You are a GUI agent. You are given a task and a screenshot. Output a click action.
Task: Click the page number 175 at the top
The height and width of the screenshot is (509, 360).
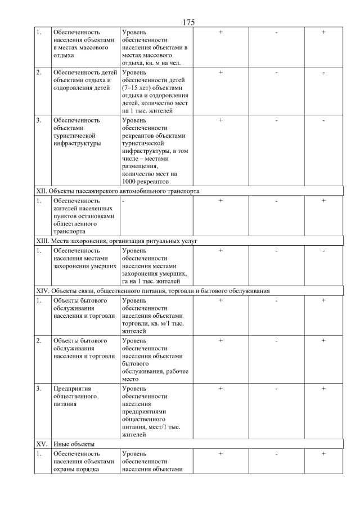point(188,22)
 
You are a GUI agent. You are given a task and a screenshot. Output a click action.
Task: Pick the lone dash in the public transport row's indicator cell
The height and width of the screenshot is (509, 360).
point(123,200)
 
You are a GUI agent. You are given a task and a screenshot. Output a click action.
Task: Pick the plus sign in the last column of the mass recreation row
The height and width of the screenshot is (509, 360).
point(323,32)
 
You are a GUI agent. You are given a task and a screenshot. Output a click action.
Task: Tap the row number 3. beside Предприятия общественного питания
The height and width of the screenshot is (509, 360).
point(39,388)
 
